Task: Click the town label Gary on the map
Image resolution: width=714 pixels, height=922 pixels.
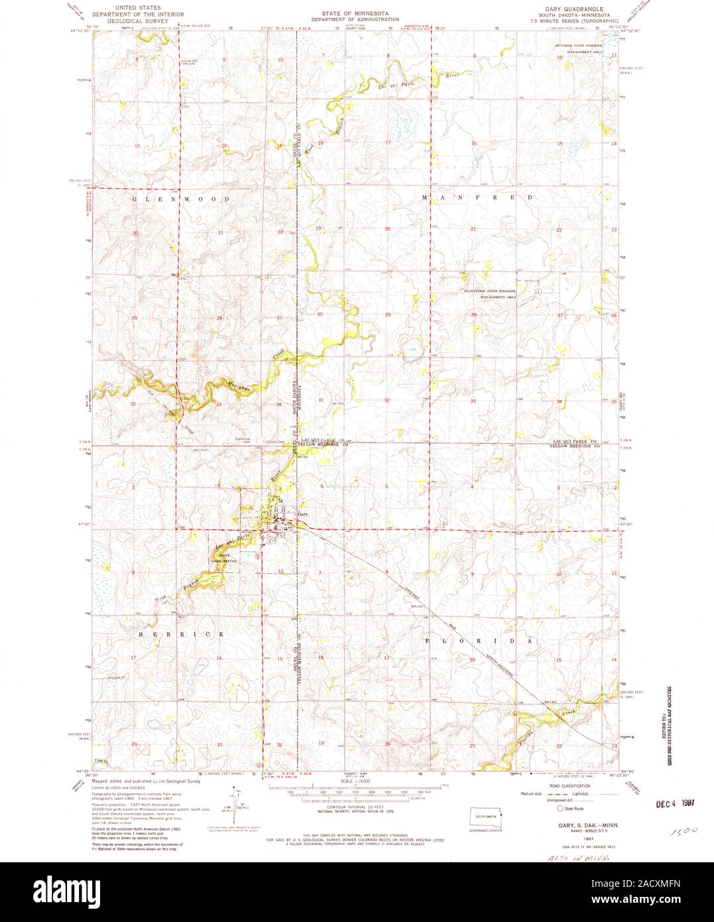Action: pyautogui.click(x=304, y=514)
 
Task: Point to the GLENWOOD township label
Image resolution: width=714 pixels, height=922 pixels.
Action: pyautogui.click(x=181, y=199)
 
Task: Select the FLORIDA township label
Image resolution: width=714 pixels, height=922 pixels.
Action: pyautogui.click(x=479, y=641)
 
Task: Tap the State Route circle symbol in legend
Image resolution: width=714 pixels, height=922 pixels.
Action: pyautogui.click(x=560, y=809)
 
